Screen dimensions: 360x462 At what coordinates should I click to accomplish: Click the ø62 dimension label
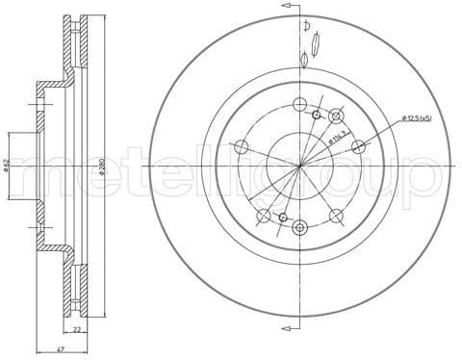click(x=7, y=166)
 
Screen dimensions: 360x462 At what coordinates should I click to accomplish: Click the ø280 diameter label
click(x=101, y=166)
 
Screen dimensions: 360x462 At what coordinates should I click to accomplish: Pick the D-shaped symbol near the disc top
click(x=306, y=25)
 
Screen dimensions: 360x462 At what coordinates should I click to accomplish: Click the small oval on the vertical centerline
click(x=304, y=61)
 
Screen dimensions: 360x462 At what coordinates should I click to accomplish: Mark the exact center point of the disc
click(x=299, y=166)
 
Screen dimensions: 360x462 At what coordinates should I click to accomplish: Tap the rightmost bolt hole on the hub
click(x=358, y=146)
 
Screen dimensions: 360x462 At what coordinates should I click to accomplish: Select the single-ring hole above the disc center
click(x=299, y=104)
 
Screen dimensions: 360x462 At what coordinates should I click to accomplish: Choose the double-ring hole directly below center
click(x=299, y=227)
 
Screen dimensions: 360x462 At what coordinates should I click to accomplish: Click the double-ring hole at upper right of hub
click(x=336, y=116)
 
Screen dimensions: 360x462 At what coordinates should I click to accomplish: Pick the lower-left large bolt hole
click(x=263, y=216)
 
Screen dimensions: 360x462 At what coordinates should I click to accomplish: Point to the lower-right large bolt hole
click(x=336, y=216)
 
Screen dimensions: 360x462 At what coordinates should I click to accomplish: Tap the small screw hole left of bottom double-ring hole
click(x=283, y=218)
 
